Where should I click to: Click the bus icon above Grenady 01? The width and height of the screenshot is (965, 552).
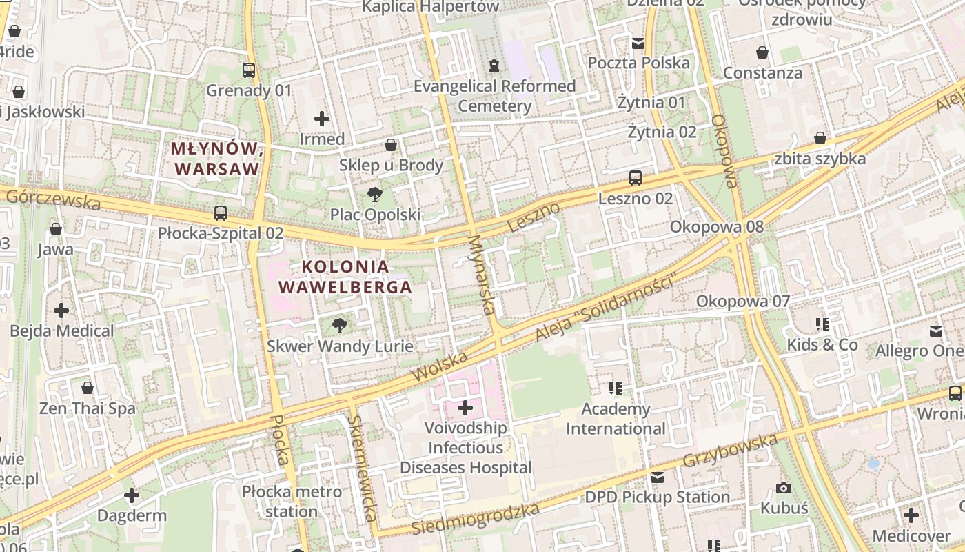[x=249, y=70]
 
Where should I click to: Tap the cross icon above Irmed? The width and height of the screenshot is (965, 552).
[x=322, y=118]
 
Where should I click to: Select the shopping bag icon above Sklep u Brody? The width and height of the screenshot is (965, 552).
[x=391, y=145]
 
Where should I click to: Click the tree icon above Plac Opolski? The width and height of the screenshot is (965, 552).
[x=375, y=194]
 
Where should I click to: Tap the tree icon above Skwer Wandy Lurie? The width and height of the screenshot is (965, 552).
[x=340, y=325]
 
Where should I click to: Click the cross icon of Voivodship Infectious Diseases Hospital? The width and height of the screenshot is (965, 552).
[x=466, y=408]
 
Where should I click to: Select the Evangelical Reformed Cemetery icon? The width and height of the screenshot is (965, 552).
[x=494, y=66]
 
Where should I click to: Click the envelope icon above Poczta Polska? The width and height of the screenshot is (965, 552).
[x=638, y=43]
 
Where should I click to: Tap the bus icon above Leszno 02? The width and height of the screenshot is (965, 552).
[x=636, y=178]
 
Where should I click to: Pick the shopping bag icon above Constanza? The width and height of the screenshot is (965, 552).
[x=762, y=52]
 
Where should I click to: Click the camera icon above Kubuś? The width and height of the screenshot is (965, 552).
[x=784, y=488]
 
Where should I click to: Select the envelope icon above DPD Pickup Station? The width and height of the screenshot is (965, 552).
[x=658, y=477]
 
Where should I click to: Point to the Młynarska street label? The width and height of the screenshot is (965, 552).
[x=482, y=274]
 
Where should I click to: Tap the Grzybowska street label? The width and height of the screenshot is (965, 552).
[x=731, y=450]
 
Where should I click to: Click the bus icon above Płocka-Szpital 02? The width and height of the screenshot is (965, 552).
[x=221, y=213]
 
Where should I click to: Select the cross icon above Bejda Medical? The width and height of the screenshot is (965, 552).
[x=61, y=310]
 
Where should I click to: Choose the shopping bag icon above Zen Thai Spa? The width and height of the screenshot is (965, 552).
[x=88, y=388]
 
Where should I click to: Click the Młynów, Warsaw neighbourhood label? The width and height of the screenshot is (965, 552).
[x=216, y=158]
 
